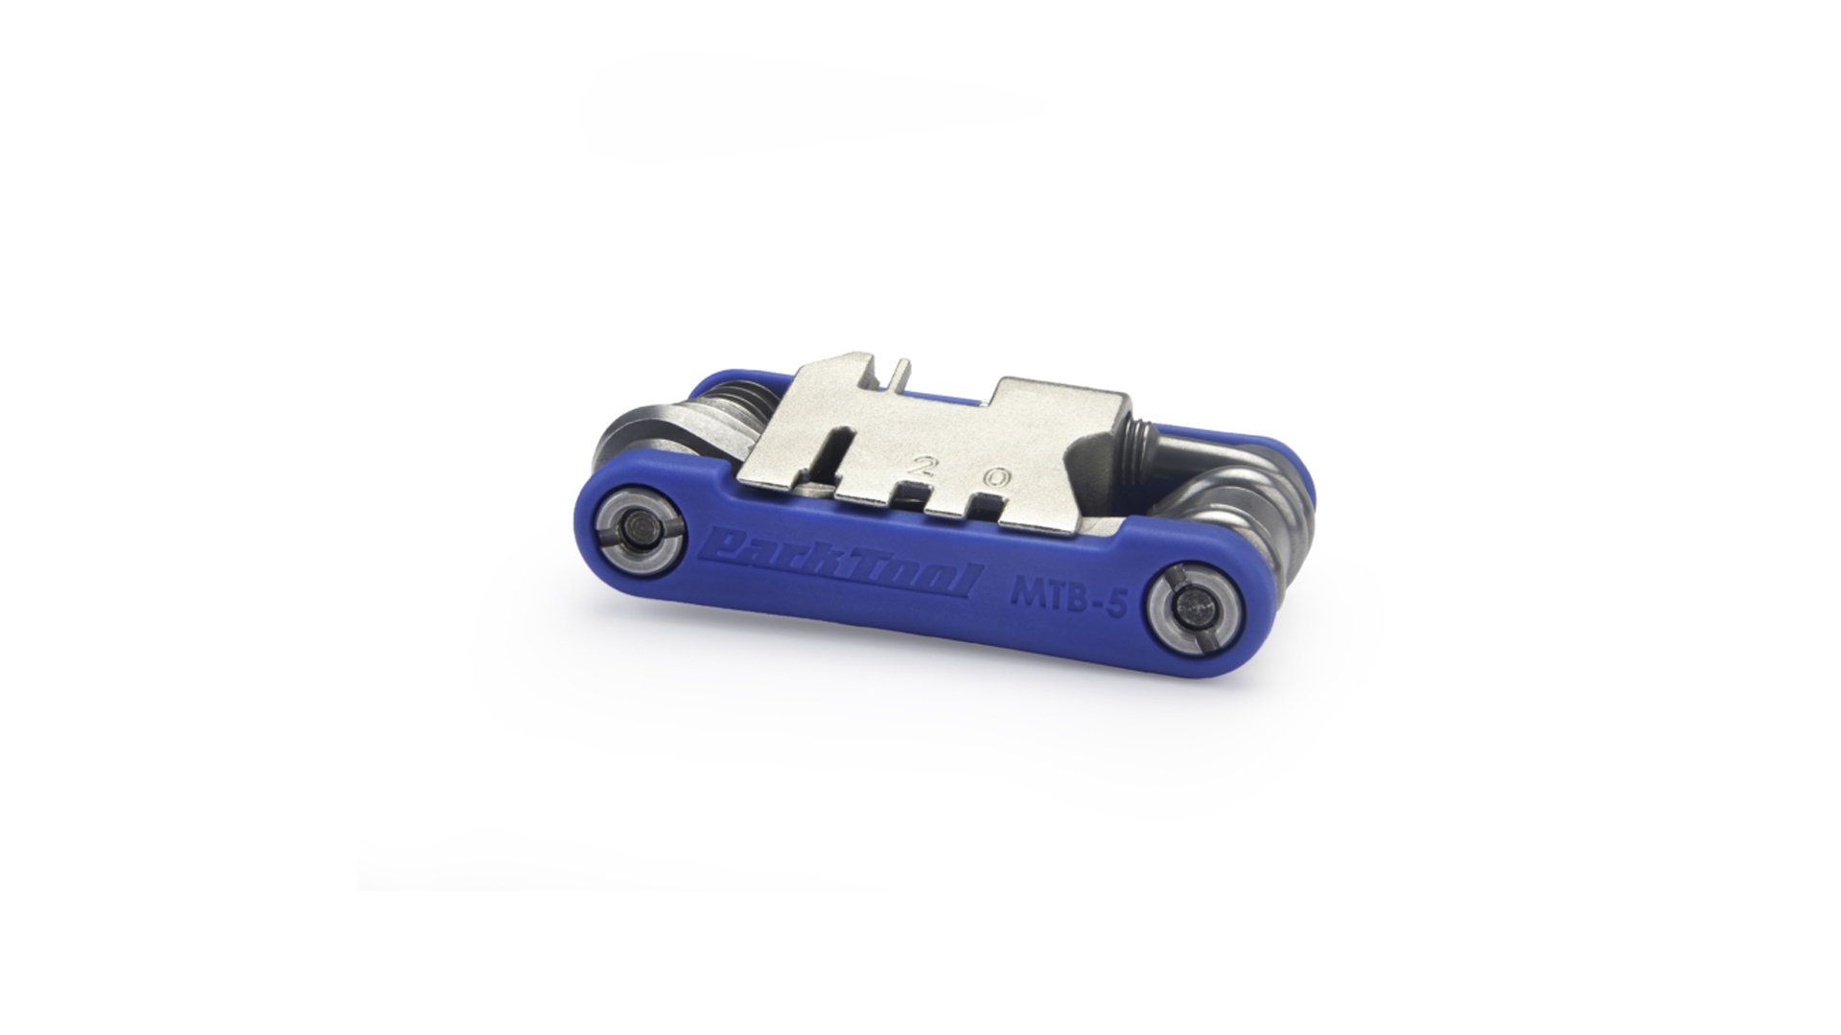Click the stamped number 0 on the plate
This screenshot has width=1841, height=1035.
coord(998,476)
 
